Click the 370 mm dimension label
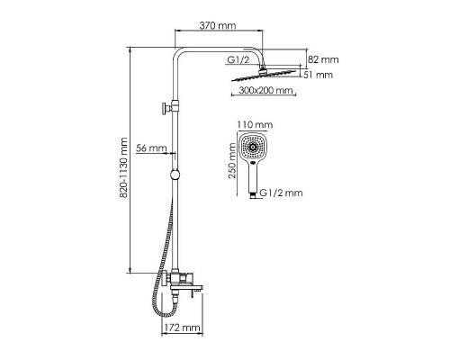(218, 25)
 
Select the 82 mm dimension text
(323, 59)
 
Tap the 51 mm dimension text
(318, 75)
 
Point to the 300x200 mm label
(265, 90)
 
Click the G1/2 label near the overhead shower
(238, 60)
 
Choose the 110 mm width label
(255, 124)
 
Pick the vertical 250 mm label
(232, 161)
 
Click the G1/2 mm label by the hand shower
(281, 193)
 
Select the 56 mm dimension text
(151, 148)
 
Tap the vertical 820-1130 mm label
(123, 168)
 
